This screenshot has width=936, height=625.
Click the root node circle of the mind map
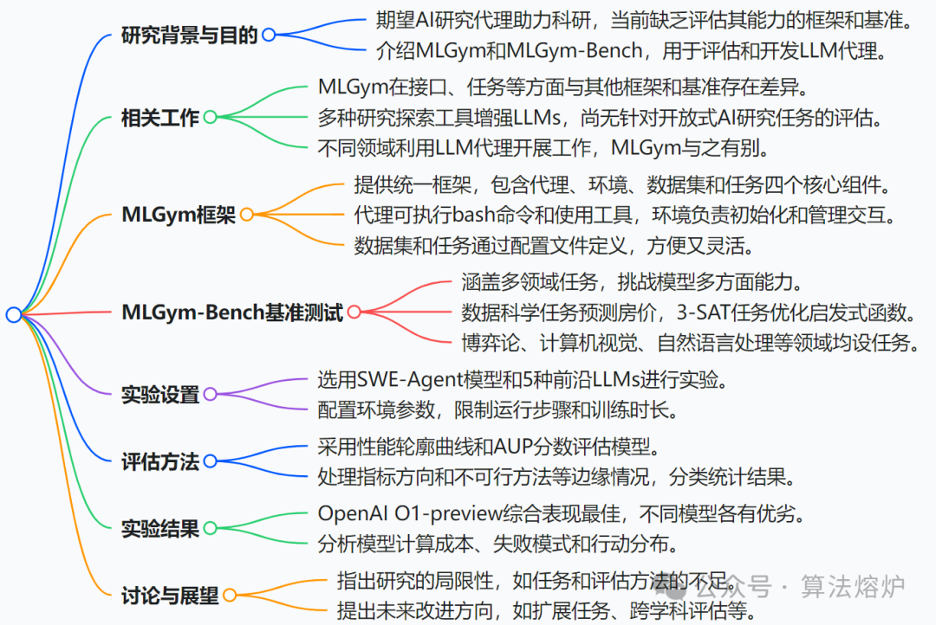tap(13, 314)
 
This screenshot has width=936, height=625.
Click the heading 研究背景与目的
tap(190, 35)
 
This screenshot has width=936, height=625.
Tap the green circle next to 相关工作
tap(210, 117)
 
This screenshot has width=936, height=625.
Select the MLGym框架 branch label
tap(179, 215)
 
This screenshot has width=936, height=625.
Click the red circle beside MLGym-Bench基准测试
tap(354, 312)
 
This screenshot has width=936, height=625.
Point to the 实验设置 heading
tap(160, 395)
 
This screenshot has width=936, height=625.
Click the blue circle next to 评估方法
tap(210, 461)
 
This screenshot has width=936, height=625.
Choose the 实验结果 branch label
tap(160, 527)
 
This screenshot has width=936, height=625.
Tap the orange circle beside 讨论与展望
tap(230, 595)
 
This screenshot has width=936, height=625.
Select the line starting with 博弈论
tap(690, 343)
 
